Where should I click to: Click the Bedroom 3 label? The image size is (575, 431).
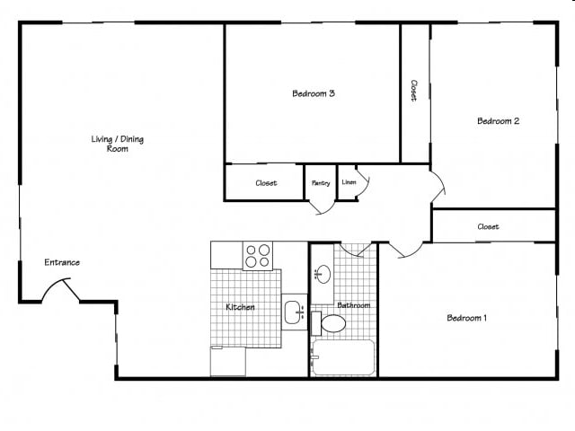[314, 93]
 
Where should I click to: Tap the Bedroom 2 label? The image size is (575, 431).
[499, 121]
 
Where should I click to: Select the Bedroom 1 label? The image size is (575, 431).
[467, 317]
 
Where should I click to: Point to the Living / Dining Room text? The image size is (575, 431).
[117, 144]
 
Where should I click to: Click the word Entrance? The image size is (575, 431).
[62, 262]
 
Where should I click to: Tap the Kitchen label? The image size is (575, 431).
[240, 307]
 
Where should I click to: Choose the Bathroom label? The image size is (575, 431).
[353, 305]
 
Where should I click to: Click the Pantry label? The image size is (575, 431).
[321, 183]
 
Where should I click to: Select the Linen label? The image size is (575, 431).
[349, 182]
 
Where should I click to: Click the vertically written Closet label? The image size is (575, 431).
[414, 91]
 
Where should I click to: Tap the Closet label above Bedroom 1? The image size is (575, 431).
[488, 227]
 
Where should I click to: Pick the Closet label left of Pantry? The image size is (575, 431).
[266, 183]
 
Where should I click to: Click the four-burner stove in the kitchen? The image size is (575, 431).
[258, 256]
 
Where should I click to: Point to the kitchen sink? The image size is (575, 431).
[293, 312]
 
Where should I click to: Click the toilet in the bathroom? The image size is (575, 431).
[330, 322]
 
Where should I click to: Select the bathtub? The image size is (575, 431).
[342, 358]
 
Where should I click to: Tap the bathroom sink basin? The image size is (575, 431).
[324, 274]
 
